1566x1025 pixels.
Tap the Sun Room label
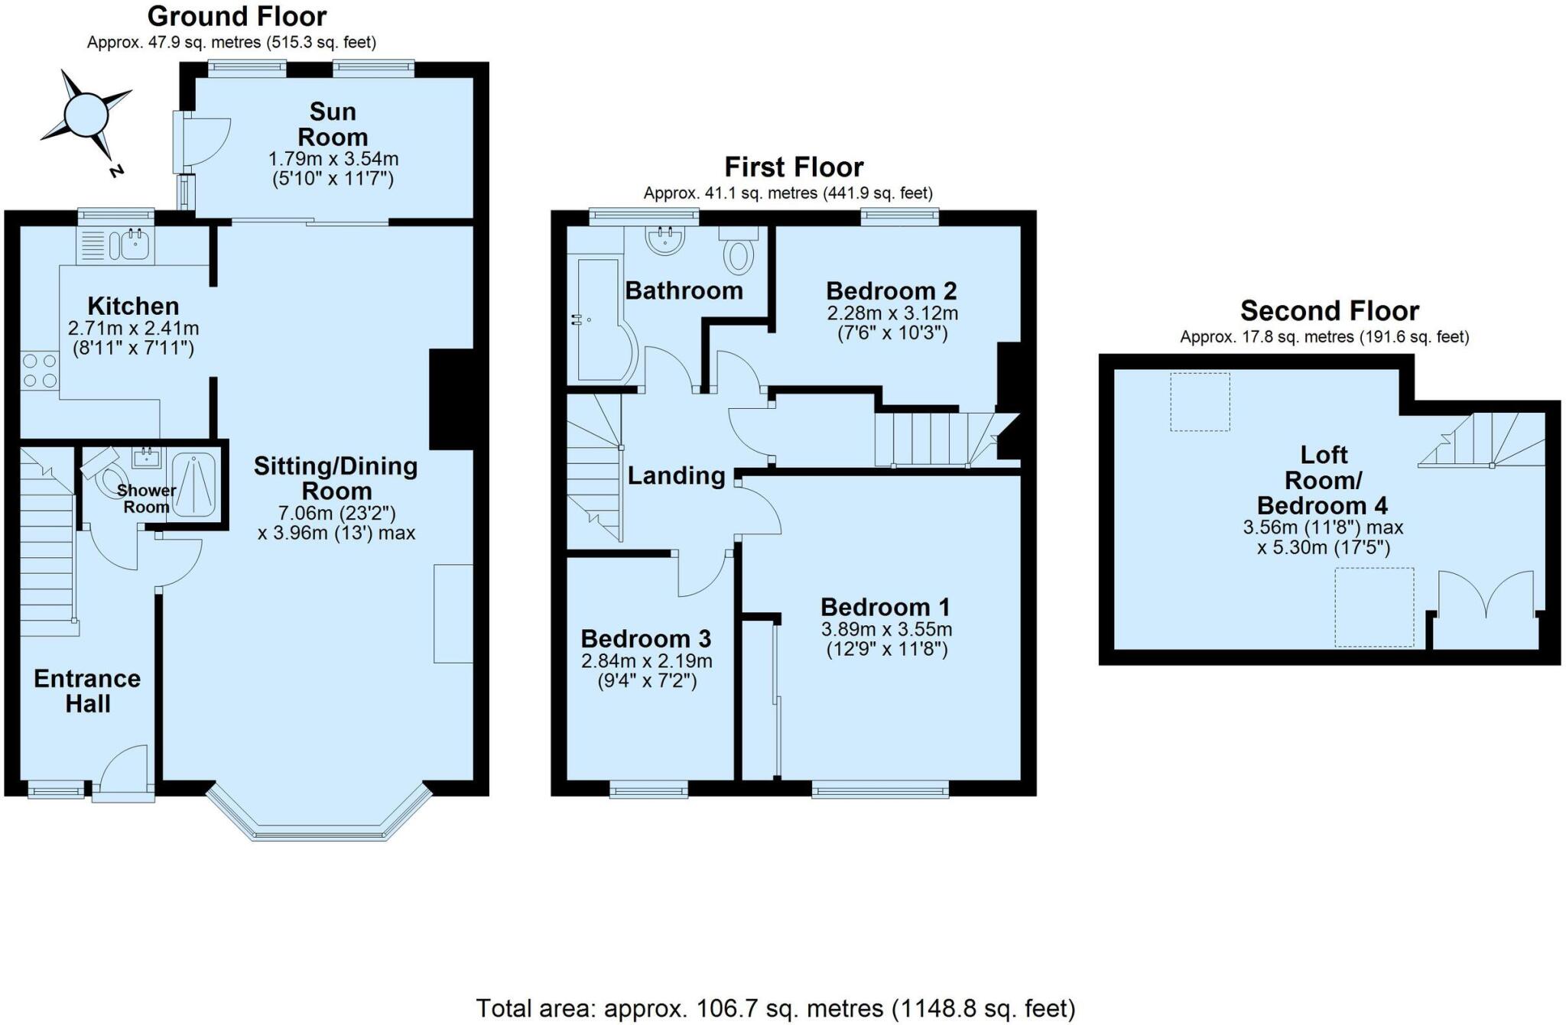[333, 125]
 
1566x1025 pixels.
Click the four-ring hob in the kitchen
[40, 371]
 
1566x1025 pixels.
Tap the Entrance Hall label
[87, 691]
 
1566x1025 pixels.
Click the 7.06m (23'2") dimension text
[337, 512]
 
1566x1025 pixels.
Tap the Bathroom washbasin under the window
[665, 239]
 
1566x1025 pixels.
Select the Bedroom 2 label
[892, 291]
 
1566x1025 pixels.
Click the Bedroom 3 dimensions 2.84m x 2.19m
[647, 660]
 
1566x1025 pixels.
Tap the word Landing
[676, 476]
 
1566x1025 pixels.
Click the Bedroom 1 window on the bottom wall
[880, 790]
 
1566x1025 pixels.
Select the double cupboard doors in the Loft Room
[1486, 596]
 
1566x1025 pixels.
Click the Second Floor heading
[1329, 311]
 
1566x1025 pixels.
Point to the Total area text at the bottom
[775, 1007]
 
